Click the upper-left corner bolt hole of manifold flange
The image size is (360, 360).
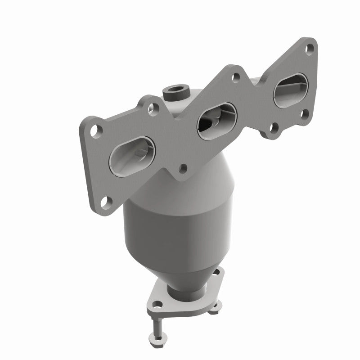[x=96, y=130]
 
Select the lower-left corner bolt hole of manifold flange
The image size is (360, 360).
[x=104, y=201]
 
